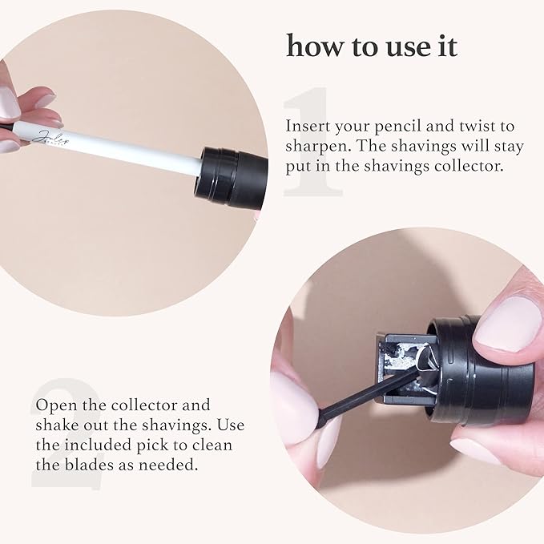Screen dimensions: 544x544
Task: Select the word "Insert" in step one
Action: click(x=307, y=127)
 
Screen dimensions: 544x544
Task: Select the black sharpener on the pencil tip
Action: click(x=232, y=171)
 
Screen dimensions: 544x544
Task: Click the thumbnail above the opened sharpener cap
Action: click(x=512, y=321)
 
